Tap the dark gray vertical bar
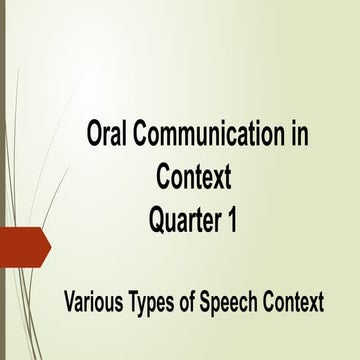coord(2,180)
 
